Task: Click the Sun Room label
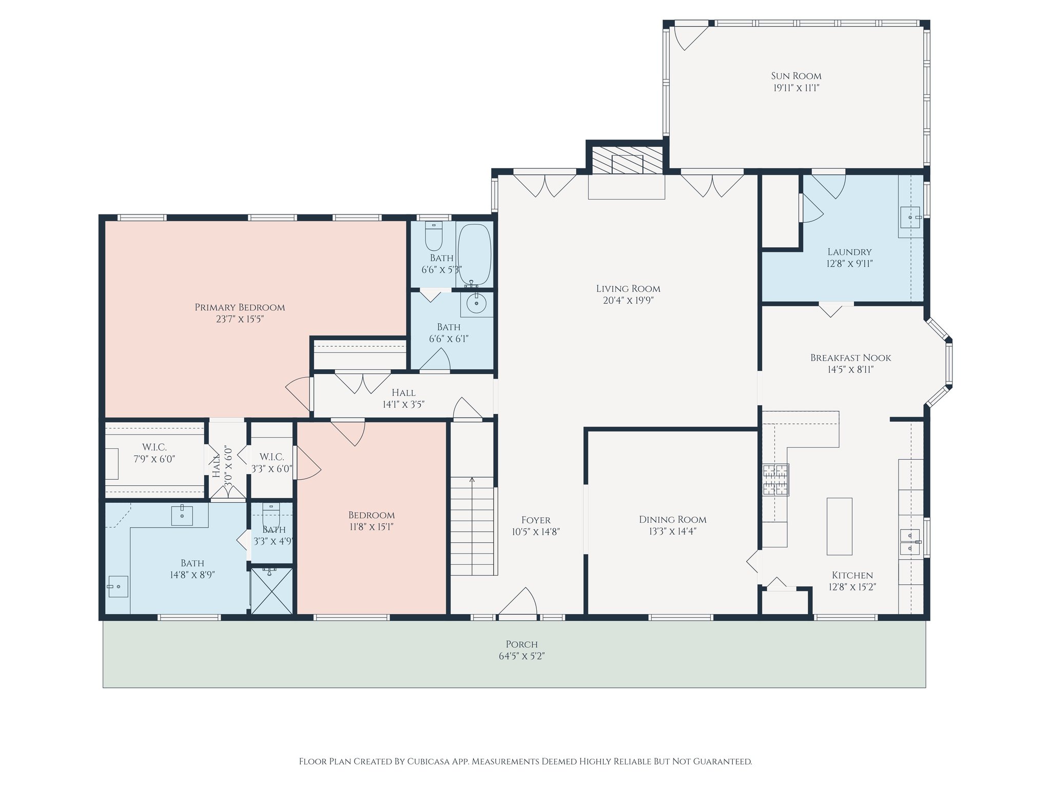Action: pyautogui.click(x=796, y=76)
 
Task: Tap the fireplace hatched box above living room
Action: pyautogui.click(x=627, y=161)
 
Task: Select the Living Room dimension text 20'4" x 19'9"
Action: pyautogui.click(x=628, y=301)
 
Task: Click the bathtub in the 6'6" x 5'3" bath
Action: pyautogui.click(x=474, y=254)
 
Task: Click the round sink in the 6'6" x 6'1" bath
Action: pyautogui.click(x=477, y=304)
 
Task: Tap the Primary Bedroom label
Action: pyautogui.click(x=240, y=307)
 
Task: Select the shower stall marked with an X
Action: pyautogui.click(x=272, y=591)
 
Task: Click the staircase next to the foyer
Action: pyautogui.click(x=472, y=526)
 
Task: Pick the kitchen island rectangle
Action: pyautogui.click(x=839, y=526)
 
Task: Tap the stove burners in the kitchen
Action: pyautogui.click(x=775, y=480)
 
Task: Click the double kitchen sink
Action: pyautogui.click(x=910, y=542)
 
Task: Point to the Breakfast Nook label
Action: pyautogui.click(x=850, y=358)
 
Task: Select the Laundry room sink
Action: pyautogui.click(x=910, y=218)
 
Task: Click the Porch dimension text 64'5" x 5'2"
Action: pyautogui.click(x=521, y=656)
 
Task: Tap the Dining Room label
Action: pyautogui.click(x=672, y=520)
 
